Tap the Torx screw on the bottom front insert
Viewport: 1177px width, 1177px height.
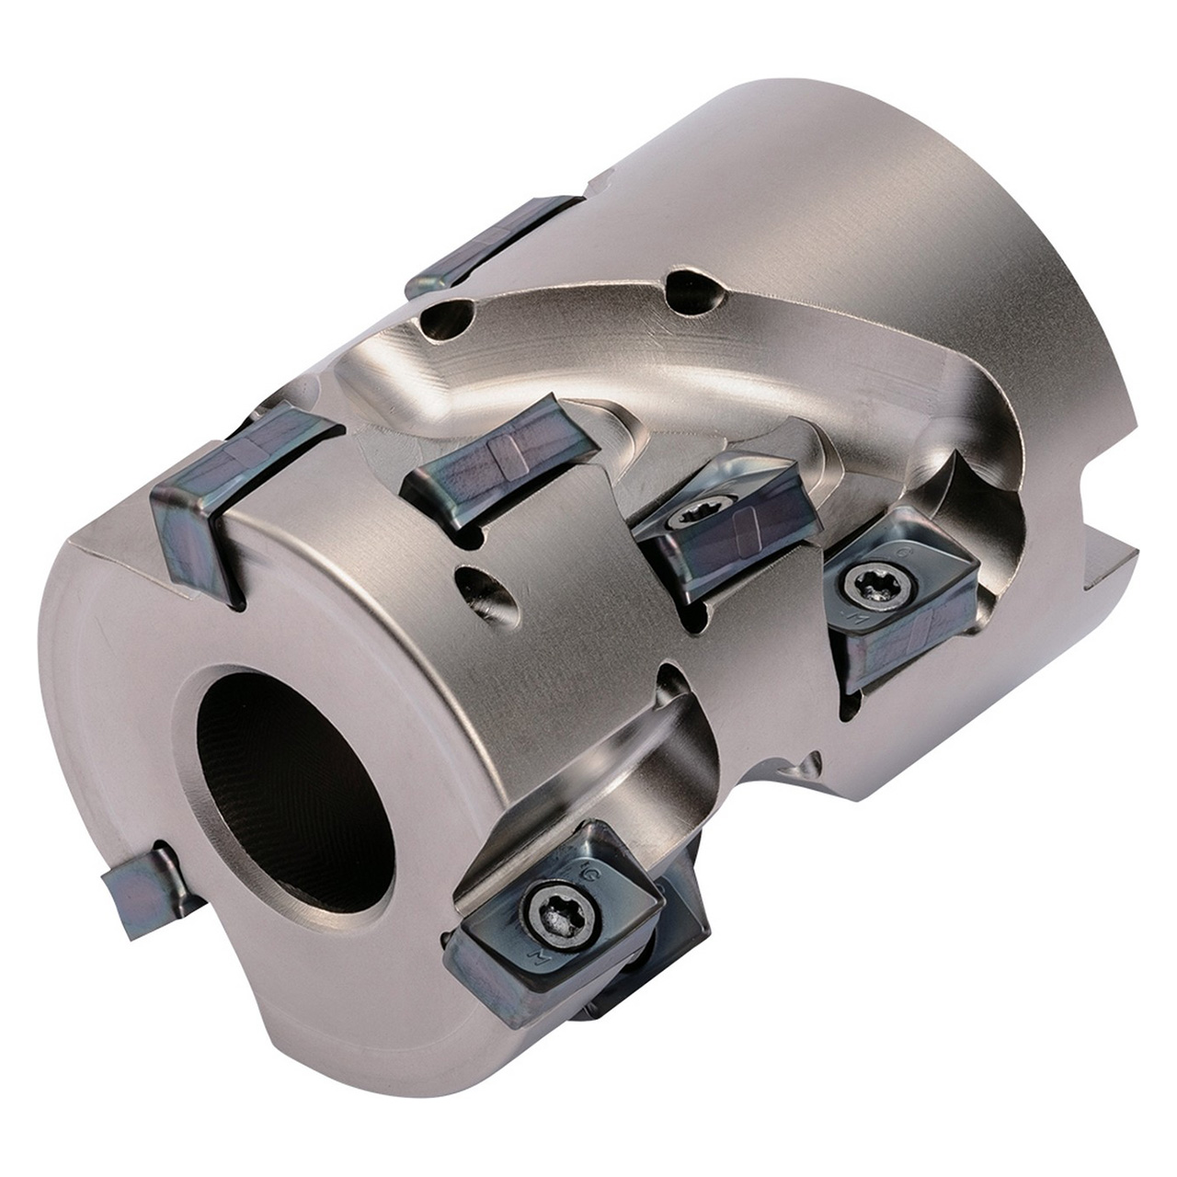pyautogui.click(x=559, y=914)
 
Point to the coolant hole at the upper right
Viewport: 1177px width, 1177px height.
pyautogui.click(x=696, y=290)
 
